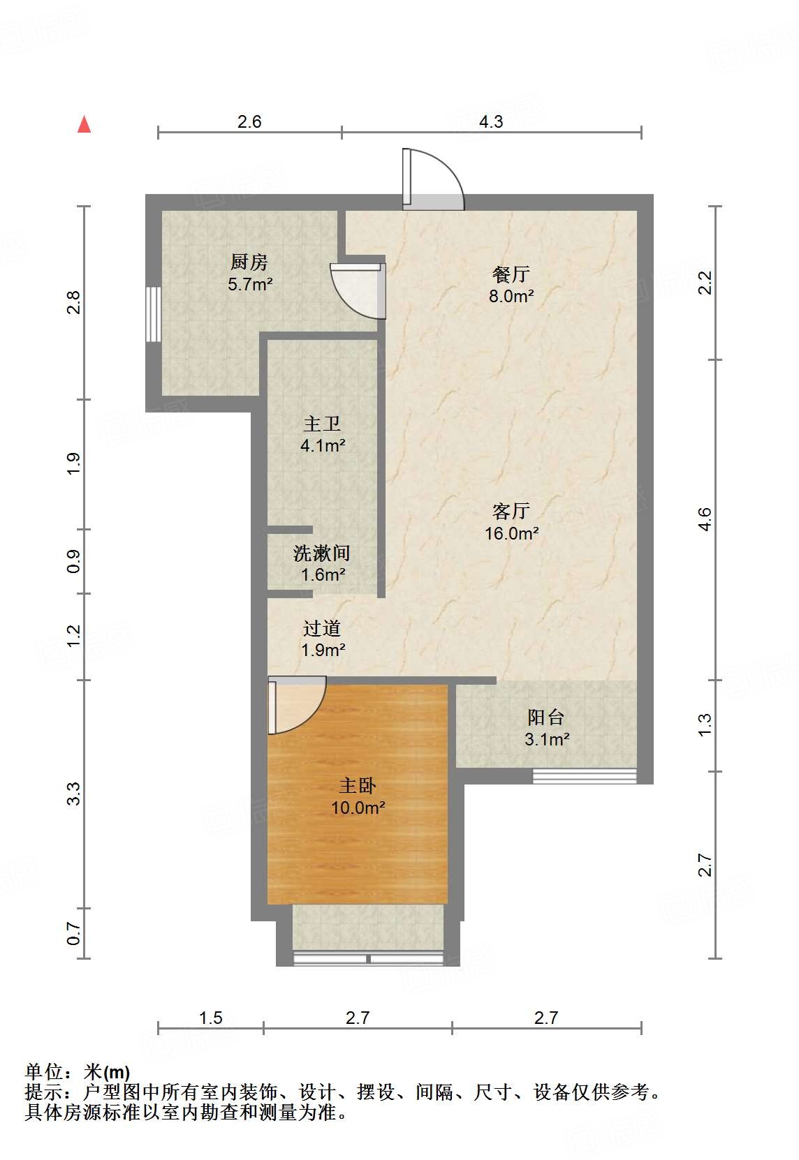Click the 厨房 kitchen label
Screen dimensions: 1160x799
tap(249, 262)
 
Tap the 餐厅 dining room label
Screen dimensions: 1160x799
tap(511, 274)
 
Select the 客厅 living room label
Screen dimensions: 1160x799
tap(511, 511)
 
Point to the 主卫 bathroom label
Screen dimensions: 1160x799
tap(322, 424)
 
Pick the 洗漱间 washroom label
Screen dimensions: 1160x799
tap(322, 553)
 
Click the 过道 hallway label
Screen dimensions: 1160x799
tap(322, 628)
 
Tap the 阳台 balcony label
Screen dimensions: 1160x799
tap(545, 717)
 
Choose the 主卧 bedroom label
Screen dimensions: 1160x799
tap(358, 786)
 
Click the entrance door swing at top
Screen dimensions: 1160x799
tap(433, 180)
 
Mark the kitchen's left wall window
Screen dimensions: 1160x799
tap(153, 315)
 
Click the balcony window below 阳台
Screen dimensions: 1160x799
tap(585, 776)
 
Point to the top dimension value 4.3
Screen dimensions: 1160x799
tap(491, 121)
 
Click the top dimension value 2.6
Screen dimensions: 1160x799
tap(249, 121)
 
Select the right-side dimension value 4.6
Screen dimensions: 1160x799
tap(705, 519)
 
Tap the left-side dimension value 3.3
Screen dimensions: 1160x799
tap(73, 794)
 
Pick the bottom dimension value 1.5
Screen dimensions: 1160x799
tap(210, 1018)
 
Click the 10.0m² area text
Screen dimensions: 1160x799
tap(358, 808)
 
